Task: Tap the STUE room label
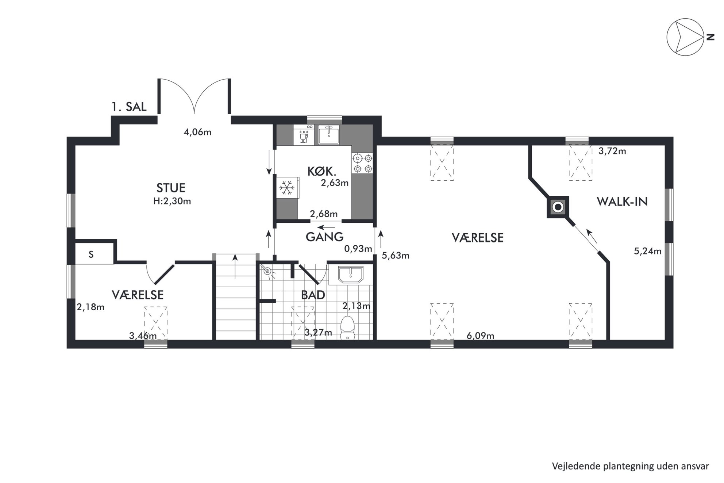171,188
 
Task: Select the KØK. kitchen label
321,171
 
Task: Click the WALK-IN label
622,202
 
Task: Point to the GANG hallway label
324,237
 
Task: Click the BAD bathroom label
313,295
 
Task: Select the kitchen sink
328,135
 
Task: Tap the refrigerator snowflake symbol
287,188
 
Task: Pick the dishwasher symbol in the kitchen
304,135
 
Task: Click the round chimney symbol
558,207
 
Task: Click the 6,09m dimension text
480,336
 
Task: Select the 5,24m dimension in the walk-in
648,251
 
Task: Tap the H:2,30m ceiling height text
172,201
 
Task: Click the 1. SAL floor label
129,107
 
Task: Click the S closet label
91,255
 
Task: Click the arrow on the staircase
235,267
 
